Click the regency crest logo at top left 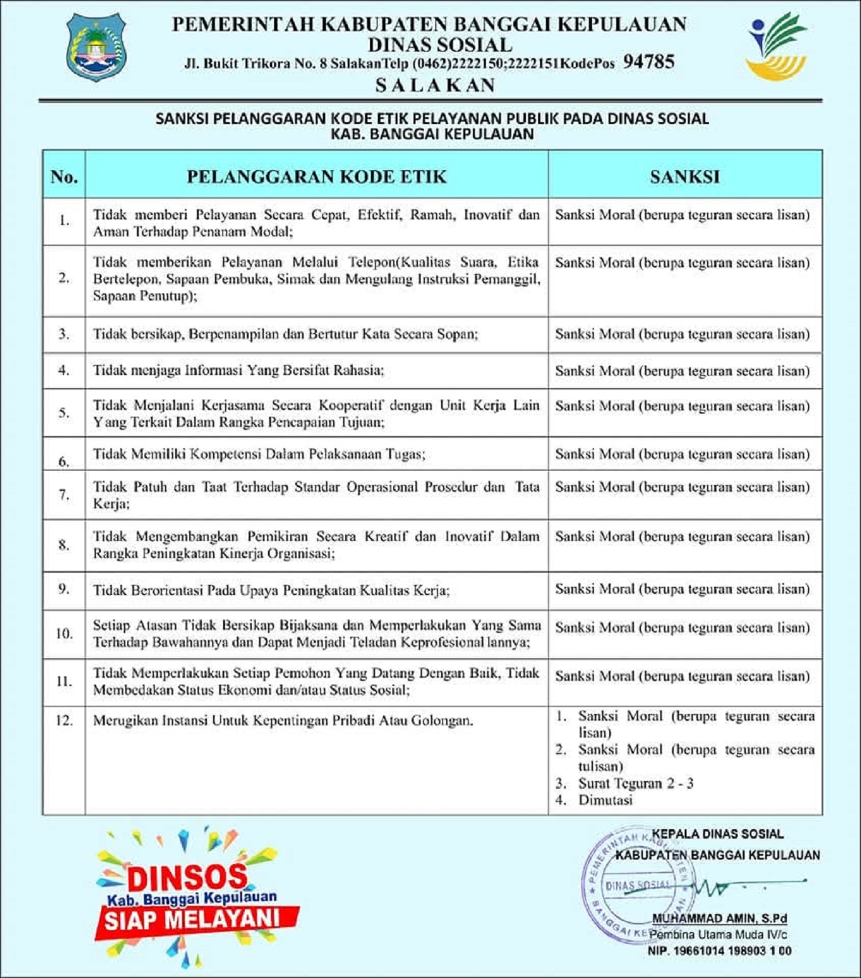[96, 48]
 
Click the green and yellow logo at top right [777, 47]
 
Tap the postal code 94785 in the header [649, 62]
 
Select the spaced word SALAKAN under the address [435, 86]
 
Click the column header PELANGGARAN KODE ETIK [316, 177]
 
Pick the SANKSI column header [685, 177]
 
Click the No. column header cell [64, 177]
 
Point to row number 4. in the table [64, 370]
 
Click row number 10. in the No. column [64, 633]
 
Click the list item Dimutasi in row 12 [605, 800]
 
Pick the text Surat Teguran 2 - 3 [636, 784]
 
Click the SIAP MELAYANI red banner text [192, 920]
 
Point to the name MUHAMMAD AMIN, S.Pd [719, 919]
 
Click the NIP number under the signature [719, 951]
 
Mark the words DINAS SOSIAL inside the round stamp [638, 886]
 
